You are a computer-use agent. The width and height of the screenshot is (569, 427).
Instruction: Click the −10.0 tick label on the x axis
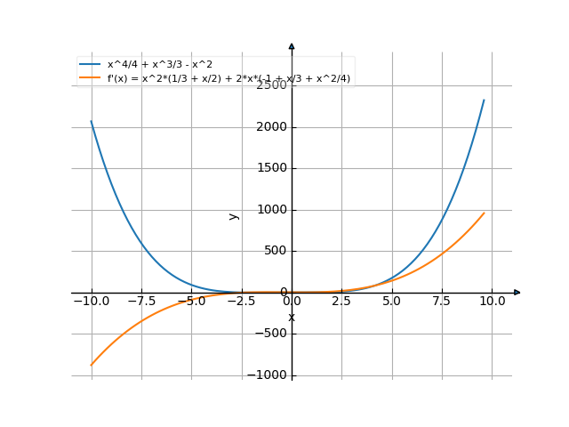[x=91, y=302]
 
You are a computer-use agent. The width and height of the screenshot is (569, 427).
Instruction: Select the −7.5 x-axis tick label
[x=140, y=302]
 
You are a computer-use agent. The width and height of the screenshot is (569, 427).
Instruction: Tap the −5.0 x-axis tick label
[x=191, y=302]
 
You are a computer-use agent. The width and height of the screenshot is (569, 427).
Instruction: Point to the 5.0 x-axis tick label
[x=392, y=302]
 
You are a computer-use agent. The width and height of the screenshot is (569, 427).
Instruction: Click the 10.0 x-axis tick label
[x=493, y=302]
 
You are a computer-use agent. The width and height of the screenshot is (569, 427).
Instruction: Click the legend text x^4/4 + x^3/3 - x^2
[x=159, y=65]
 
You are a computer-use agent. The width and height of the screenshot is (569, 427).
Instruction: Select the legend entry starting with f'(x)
[x=228, y=78]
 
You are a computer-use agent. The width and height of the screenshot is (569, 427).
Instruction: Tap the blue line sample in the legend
[x=90, y=65]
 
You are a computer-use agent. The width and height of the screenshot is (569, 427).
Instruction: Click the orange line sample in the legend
[x=90, y=78]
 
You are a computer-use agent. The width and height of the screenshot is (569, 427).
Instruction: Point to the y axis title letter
[x=234, y=215]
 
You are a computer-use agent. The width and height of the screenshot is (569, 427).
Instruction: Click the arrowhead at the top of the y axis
[x=292, y=46]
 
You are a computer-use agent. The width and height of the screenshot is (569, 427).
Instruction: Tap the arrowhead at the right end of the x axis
[x=517, y=293]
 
